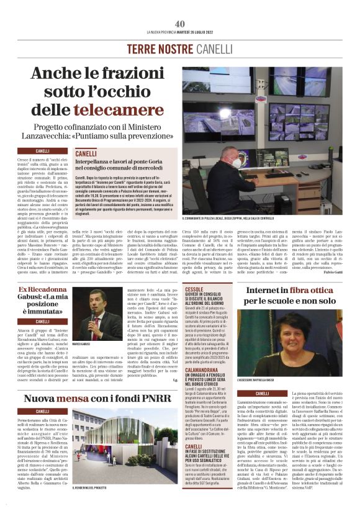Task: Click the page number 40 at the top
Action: [180, 24]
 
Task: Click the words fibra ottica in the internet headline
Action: [314, 291]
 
